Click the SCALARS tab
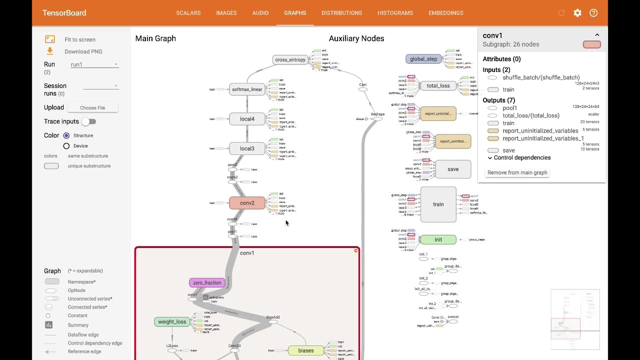[x=188, y=13]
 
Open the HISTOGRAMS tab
[x=395, y=13]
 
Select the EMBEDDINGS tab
[x=445, y=13]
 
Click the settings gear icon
[x=577, y=13]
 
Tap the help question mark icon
[x=593, y=13]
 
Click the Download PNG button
[x=83, y=51]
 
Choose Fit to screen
[x=79, y=39]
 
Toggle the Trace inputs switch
[x=88, y=121]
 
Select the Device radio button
[x=66, y=146]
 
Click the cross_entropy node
[x=290, y=59]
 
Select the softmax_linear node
[x=247, y=89]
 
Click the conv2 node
[x=247, y=203]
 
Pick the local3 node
[x=247, y=148]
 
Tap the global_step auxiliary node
[x=423, y=59]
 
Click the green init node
[x=438, y=239]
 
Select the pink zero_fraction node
[x=207, y=282]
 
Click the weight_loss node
[x=172, y=321]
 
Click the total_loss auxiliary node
[x=438, y=85]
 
